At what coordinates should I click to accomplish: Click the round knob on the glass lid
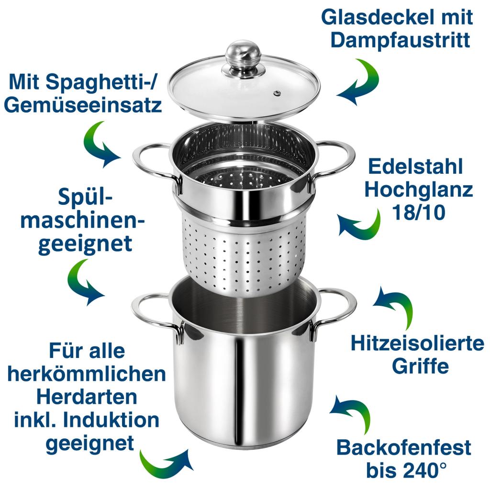point(243,56)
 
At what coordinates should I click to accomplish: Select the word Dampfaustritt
point(401,40)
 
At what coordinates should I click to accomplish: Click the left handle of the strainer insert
point(156,167)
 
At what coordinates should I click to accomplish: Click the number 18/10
point(419,212)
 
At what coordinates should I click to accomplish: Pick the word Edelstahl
point(416,166)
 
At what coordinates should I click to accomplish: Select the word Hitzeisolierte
point(417,343)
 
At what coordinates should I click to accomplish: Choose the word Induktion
point(111,420)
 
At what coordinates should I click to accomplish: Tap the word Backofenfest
point(404,447)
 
